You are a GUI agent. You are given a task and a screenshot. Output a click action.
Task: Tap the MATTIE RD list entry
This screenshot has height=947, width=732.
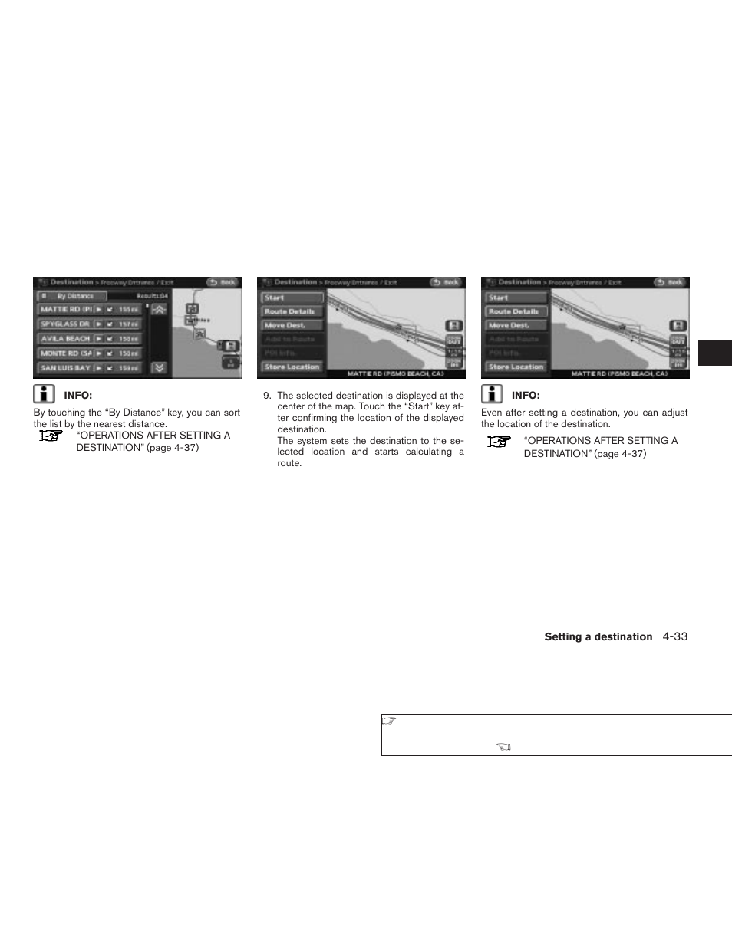[65, 310]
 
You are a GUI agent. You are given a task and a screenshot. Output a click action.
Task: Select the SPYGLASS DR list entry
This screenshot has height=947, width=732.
[65, 324]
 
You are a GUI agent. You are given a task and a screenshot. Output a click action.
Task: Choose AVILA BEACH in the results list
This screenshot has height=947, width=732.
[65, 339]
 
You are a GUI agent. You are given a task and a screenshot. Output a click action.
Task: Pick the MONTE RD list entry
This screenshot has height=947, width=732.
[65, 353]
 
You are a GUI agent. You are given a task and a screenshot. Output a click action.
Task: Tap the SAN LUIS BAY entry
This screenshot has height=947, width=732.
[65, 368]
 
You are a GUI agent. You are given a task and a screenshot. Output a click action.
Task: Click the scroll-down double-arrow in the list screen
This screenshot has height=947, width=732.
[159, 367]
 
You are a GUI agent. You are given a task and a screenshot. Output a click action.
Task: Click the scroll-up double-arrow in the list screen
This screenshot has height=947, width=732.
[159, 310]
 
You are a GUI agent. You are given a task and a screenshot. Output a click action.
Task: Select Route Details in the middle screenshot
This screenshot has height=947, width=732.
[291, 312]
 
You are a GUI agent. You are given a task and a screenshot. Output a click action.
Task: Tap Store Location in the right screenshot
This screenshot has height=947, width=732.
[515, 367]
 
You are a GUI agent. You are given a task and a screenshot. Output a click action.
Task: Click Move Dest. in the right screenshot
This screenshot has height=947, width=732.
[515, 326]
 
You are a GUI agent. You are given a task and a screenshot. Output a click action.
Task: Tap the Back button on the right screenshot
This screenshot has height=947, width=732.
[671, 282]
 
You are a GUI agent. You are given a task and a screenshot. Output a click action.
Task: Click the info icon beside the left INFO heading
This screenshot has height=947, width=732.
[44, 394]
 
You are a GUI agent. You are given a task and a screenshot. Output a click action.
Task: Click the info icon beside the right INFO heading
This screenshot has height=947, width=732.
[492, 394]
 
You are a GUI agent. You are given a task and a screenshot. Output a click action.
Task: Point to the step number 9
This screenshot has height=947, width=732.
[266, 396]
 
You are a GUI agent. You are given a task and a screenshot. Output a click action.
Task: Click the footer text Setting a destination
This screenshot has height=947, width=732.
[598, 637]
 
